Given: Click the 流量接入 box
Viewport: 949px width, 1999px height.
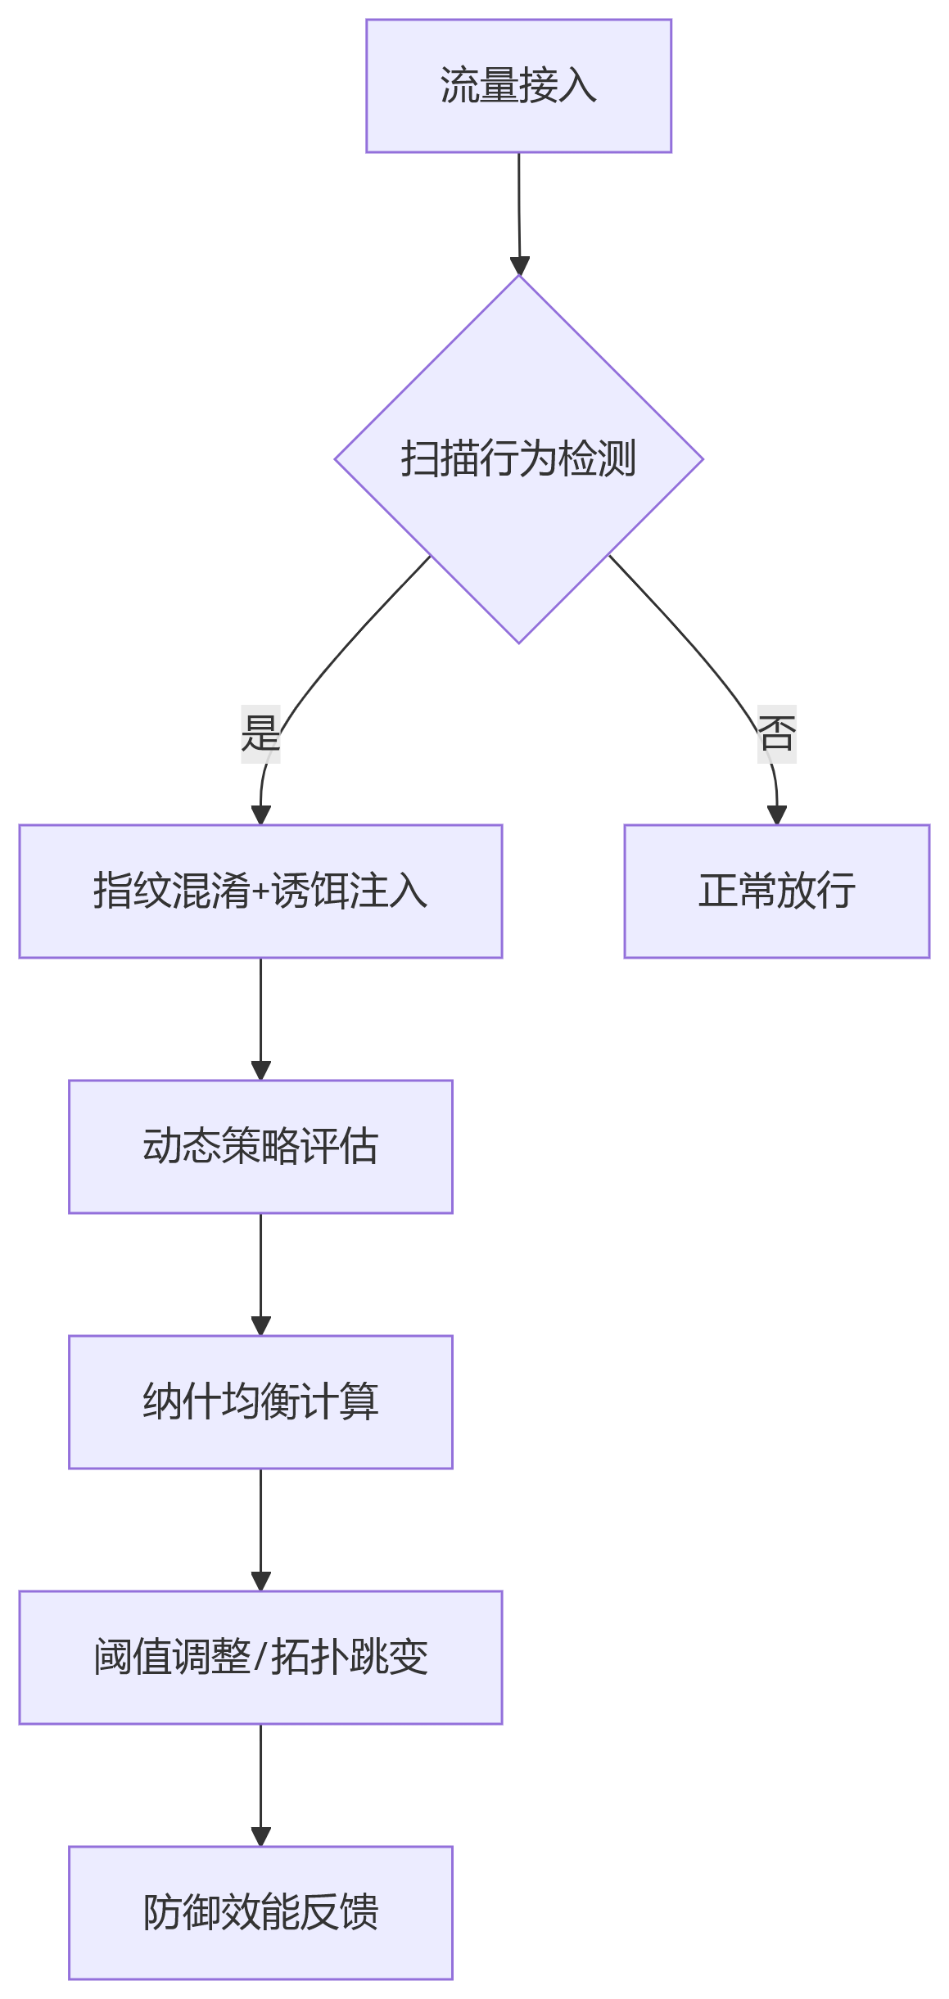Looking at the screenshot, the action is pyautogui.click(x=518, y=86).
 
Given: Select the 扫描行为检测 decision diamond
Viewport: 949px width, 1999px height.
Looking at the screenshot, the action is pyautogui.click(x=518, y=459).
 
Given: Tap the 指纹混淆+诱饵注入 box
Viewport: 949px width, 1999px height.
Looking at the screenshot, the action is pyautogui.click(x=260, y=891).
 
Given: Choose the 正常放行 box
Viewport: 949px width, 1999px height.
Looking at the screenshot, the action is pyautogui.click(x=776, y=891).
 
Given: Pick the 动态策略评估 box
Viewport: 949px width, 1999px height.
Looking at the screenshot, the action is pyautogui.click(x=260, y=1147).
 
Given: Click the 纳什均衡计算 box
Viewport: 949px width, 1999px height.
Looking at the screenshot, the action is pyautogui.click(x=260, y=1402).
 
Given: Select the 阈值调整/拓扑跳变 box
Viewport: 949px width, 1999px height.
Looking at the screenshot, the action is pyautogui.click(x=260, y=1658).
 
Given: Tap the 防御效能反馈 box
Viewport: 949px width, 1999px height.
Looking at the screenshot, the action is pyautogui.click(x=260, y=1913).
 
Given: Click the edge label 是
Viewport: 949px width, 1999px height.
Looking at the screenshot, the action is pyautogui.click(x=260, y=733).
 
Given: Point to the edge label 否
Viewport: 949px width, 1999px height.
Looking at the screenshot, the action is pyautogui.click(x=776, y=733).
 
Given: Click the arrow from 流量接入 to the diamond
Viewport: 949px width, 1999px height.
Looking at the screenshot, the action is pyautogui.click(x=519, y=214).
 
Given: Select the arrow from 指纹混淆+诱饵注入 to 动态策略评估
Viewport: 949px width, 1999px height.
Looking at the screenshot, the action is pyautogui.click(x=260, y=1019).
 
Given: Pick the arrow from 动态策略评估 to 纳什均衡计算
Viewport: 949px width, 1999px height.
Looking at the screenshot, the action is pyautogui.click(x=260, y=1275).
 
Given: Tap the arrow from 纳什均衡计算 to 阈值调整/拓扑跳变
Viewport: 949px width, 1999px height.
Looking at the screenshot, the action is pyautogui.click(x=260, y=1530).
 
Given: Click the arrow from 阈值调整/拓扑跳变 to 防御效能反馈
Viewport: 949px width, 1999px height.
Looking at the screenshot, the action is pyautogui.click(x=260, y=1785).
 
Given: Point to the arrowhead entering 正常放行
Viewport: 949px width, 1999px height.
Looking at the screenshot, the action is pyautogui.click(x=776, y=815).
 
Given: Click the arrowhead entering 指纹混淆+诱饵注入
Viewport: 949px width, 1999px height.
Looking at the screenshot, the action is pyautogui.click(x=260, y=815).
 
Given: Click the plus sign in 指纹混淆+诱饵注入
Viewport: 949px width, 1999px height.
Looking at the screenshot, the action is pyautogui.click(x=260, y=892).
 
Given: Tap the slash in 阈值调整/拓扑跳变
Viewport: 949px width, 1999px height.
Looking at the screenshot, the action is pyautogui.click(x=260, y=1658).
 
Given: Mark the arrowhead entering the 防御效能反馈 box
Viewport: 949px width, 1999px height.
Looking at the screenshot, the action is pyautogui.click(x=260, y=1837).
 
